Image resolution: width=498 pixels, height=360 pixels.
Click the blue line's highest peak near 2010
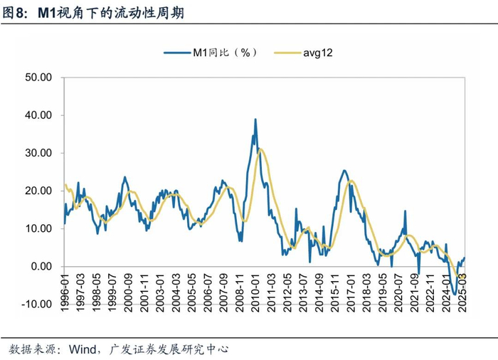click(255, 120)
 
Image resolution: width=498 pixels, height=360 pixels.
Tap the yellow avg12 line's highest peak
click(261, 149)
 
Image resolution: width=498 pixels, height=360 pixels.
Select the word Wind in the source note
click(85, 349)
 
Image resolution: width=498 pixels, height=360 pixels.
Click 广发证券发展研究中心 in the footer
click(170, 349)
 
